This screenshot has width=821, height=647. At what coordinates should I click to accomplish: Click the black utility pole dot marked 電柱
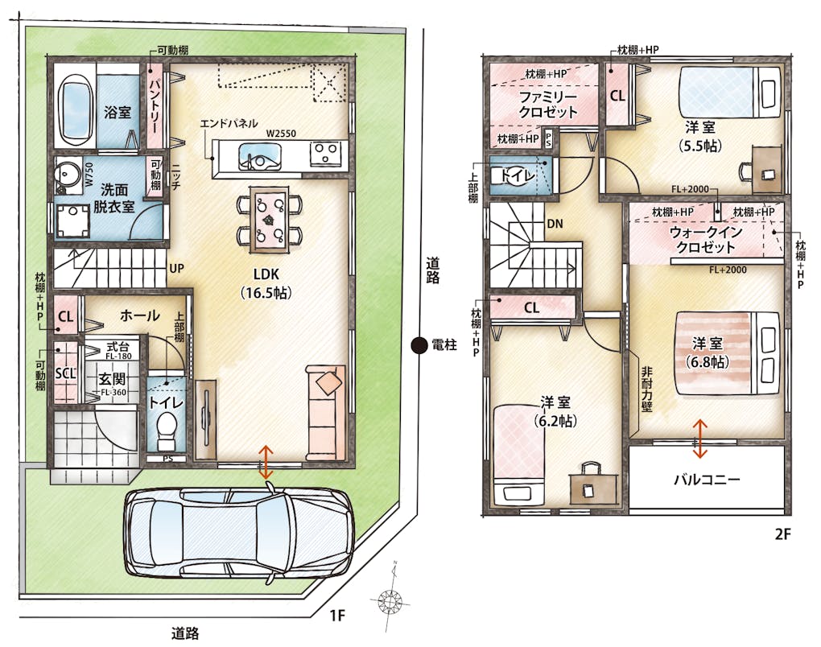[x=419, y=345]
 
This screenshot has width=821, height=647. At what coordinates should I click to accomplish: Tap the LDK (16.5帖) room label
[x=266, y=283]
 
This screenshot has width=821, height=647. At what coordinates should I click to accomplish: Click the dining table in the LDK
[x=269, y=220]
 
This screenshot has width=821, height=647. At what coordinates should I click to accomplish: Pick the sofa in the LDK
[x=324, y=411]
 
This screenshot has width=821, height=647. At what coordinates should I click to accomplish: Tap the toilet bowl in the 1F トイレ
[x=167, y=429]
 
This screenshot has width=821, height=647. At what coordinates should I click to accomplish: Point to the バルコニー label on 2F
[x=707, y=479]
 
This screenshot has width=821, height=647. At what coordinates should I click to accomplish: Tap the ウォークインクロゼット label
[x=706, y=239]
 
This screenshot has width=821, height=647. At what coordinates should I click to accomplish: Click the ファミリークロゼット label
[x=547, y=104]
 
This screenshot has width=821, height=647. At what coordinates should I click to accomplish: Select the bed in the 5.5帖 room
[x=729, y=93]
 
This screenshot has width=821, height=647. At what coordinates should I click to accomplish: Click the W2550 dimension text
[x=281, y=134]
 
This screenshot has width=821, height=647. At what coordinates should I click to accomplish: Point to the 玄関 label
[x=112, y=379]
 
